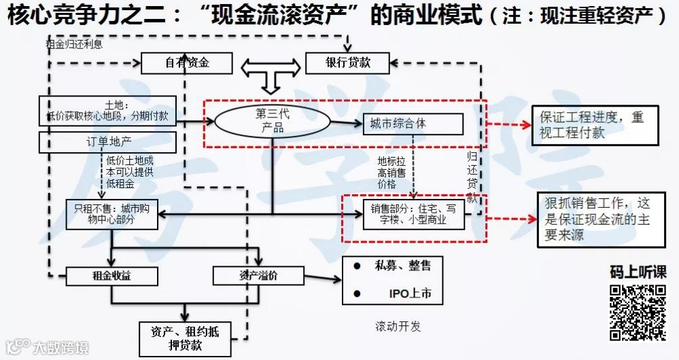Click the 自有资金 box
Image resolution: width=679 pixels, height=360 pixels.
tap(187, 63)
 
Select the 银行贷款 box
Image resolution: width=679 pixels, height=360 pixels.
tap(348, 63)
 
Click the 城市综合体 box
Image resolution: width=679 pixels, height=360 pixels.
tap(413, 124)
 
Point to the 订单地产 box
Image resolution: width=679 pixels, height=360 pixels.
tap(108, 142)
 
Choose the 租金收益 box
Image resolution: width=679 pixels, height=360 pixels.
tap(112, 276)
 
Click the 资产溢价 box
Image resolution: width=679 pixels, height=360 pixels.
tap(257, 276)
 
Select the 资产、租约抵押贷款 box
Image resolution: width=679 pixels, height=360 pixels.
tap(185, 338)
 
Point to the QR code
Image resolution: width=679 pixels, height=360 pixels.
tap(637, 312)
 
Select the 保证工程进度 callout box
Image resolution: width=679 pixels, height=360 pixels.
tap(595, 125)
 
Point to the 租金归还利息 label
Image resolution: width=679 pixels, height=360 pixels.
tap(74, 45)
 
